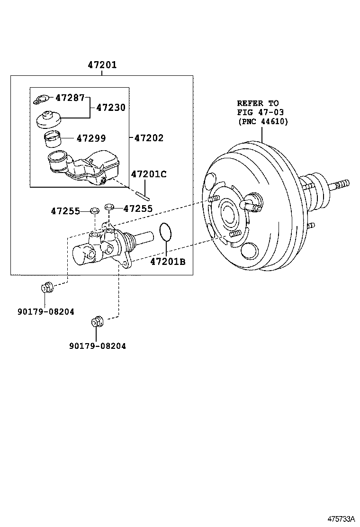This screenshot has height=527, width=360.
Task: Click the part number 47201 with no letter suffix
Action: coord(102,65)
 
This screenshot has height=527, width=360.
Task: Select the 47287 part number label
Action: coord(70,98)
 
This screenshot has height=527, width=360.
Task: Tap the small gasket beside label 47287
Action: coord(41,100)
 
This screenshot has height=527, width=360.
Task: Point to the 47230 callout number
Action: coord(111,108)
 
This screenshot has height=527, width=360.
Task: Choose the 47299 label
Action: coord(91,138)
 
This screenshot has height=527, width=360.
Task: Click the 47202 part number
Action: coord(149,138)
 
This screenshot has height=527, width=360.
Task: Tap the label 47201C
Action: coord(149,174)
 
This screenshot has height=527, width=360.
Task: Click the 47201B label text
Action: coord(168,261)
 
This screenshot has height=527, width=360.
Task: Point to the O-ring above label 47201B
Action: coord(165,232)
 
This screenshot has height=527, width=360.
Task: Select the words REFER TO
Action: coord(258,103)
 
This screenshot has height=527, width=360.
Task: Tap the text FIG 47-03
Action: coord(261,112)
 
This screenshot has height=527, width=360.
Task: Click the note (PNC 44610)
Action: coord(262,122)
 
